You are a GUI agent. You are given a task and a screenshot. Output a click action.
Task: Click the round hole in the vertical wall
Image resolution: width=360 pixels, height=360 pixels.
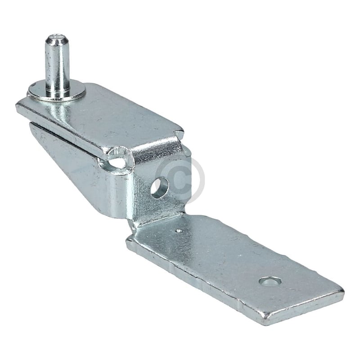pos(159,187)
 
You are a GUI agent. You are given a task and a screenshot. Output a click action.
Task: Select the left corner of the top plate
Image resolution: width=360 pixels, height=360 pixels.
pos(18,107)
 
